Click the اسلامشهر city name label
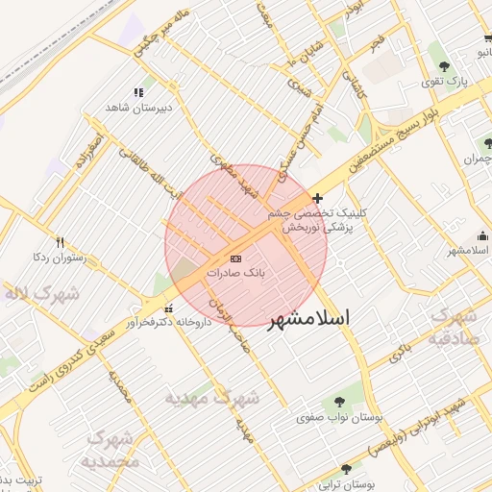[309, 317]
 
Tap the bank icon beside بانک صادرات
[236, 259]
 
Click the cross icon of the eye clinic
[319, 198]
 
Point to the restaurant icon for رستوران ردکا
[61, 243]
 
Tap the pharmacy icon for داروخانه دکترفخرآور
[169, 309]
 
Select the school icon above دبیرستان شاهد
[138, 93]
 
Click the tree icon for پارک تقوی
[443, 66]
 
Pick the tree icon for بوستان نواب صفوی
[337, 403]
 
